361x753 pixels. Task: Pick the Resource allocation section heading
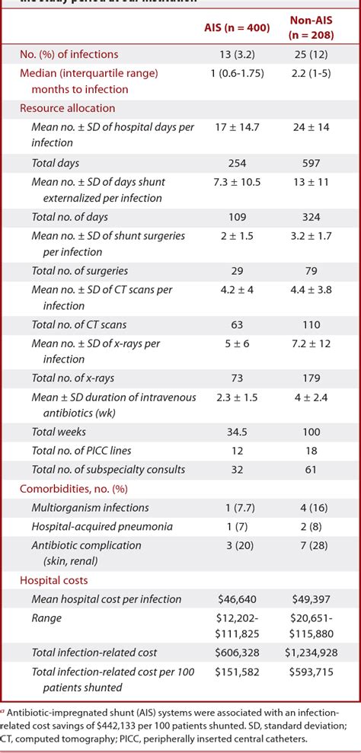[68, 108]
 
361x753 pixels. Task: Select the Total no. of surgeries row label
[79, 270]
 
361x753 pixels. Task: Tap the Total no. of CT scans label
[79, 324]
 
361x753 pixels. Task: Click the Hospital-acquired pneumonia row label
[101, 526]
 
